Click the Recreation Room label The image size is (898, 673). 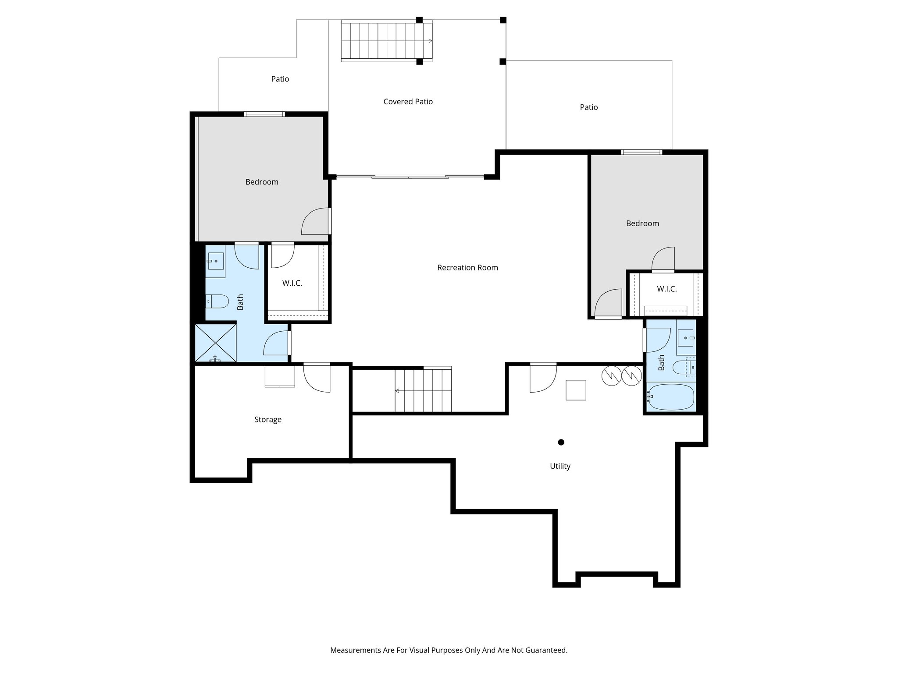467,268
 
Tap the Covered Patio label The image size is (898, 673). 408,102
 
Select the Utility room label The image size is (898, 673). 560,466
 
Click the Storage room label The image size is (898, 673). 267,420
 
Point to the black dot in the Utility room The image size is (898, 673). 561,442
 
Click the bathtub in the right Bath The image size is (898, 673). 671,397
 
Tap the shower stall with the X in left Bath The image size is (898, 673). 215,342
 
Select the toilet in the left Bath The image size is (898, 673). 218,301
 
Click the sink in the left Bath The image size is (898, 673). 215,261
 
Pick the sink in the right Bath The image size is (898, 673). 685,338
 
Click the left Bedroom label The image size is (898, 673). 262,182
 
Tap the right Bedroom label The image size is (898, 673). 642,223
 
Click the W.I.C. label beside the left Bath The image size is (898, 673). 292,283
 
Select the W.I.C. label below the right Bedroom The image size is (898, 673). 666,289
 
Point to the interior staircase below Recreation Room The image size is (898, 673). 423,390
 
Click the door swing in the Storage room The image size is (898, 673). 317,378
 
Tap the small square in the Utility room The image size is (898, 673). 576,390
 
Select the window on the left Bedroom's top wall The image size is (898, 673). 264,114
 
